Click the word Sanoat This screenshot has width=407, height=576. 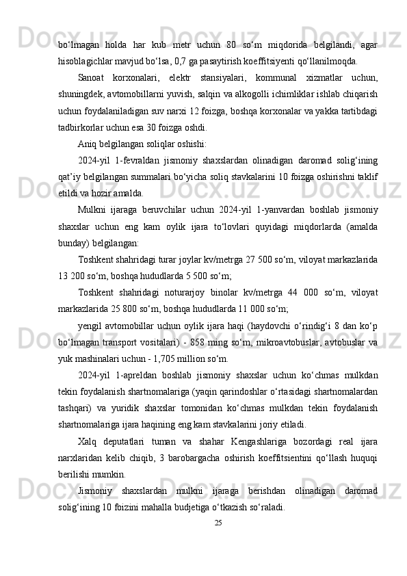[94, 77]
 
